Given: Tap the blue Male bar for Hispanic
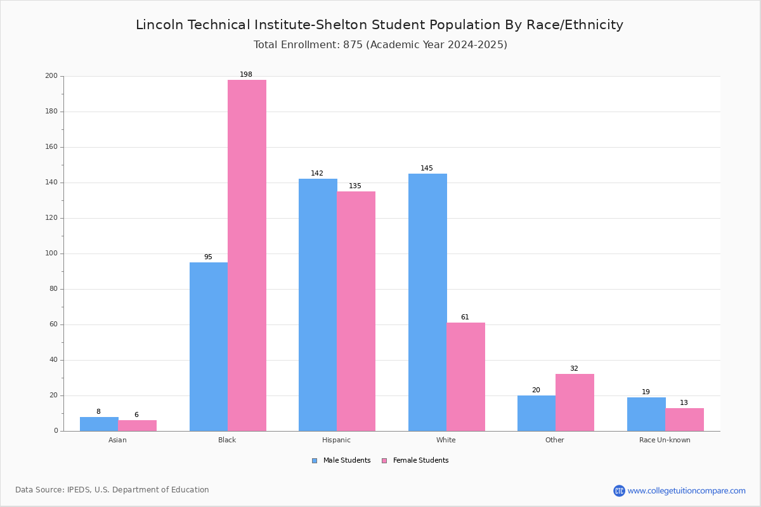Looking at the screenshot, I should click(318, 305).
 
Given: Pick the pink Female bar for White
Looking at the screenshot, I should click(465, 377).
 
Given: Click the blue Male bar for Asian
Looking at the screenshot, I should click(99, 424).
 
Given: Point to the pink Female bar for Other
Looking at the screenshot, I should click(575, 402).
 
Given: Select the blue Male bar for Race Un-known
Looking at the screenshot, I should click(646, 414).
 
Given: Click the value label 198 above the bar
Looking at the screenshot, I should click(246, 75).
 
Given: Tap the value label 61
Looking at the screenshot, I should click(465, 318).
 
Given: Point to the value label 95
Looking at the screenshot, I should click(208, 257).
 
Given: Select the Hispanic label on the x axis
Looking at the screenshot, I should click(336, 440).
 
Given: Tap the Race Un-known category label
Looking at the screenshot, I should click(665, 440).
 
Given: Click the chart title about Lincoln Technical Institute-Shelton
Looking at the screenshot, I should click(379, 25).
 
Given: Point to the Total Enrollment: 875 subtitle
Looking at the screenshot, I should click(380, 45).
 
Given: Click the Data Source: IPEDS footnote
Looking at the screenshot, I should click(112, 490).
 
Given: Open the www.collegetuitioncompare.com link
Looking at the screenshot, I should click(686, 491).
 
